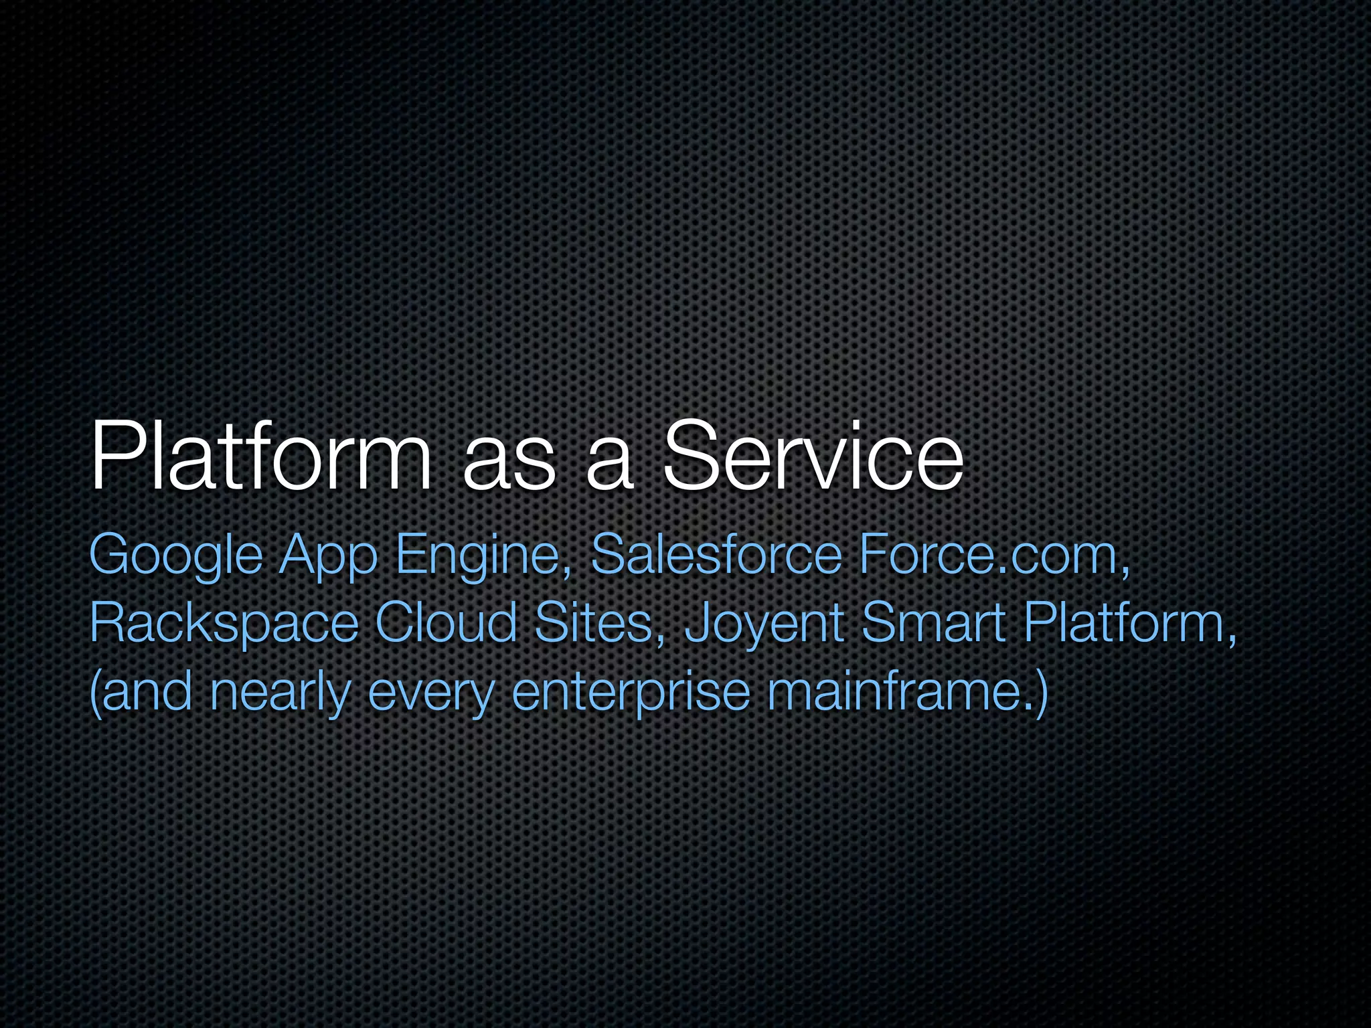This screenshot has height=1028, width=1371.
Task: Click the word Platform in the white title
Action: tap(261, 456)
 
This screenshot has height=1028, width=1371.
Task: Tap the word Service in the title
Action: tap(813, 456)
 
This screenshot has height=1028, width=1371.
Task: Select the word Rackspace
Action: tap(224, 624)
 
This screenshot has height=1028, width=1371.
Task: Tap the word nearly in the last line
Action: tap(280, 693)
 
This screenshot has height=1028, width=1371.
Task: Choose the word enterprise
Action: tap(631, 693)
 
